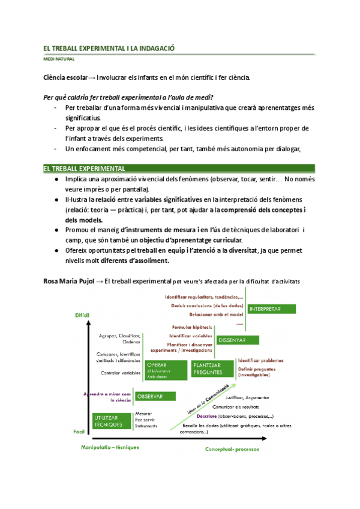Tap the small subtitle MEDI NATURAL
[58, 59]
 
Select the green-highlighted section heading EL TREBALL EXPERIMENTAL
[84, 169]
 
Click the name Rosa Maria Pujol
[68, 282]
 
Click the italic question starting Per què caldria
[128, 97]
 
